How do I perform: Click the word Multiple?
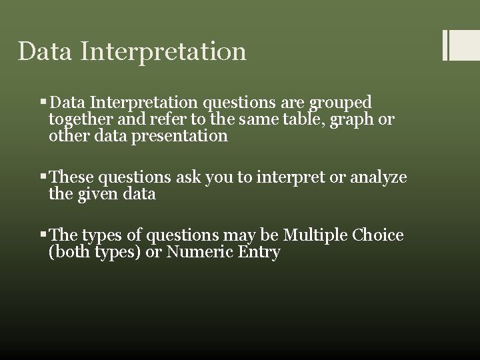(315, 236)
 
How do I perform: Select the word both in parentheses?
(72, 253)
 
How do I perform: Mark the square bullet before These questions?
(43, 177)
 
